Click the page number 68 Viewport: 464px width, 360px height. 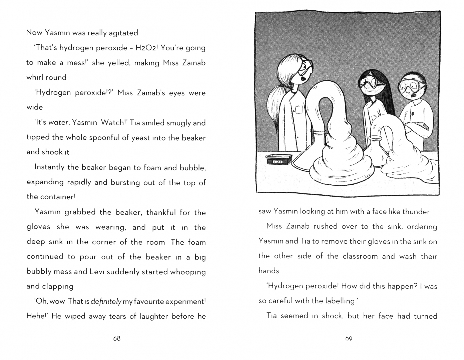(x=116, y=338)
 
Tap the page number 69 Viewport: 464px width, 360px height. (x=349, y=338)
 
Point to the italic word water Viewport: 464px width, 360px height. (x=58, y=122)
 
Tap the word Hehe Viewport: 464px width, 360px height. (x=35, y=316)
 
